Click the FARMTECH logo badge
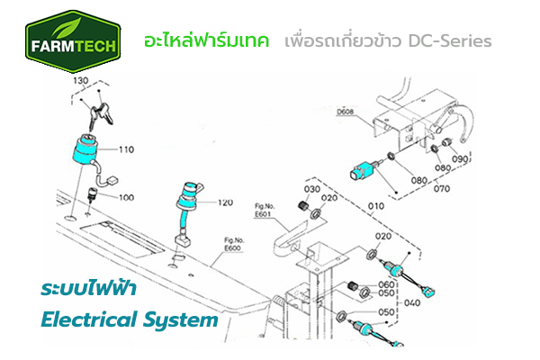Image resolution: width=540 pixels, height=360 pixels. (73, 41)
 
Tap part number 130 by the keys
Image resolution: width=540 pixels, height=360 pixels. (81, 81)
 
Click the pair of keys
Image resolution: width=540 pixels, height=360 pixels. (100, 114)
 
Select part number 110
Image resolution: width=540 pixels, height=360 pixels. (126, 149)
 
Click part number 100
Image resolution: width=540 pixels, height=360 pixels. (126, 197)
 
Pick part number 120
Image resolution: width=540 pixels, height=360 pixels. (225, 202)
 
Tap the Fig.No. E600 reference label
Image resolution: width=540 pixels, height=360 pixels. (233, 244)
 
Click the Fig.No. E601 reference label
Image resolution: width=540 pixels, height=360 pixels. (264, 210)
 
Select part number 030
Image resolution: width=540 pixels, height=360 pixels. (312, 189)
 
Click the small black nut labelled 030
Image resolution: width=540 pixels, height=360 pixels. (302, 205)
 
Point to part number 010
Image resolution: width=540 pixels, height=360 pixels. (376, 206)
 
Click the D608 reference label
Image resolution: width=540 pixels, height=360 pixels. (345, 112)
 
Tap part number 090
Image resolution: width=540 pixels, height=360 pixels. (460, 158)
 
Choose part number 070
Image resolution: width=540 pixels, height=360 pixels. (442, 188)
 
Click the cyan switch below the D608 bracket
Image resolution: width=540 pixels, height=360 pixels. (363, 170)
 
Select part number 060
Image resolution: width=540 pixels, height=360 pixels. (386, 284)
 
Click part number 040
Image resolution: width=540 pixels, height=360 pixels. (412, 302)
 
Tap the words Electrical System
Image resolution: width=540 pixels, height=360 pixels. (130, 319)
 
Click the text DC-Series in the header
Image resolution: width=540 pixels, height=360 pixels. (450, 40)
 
